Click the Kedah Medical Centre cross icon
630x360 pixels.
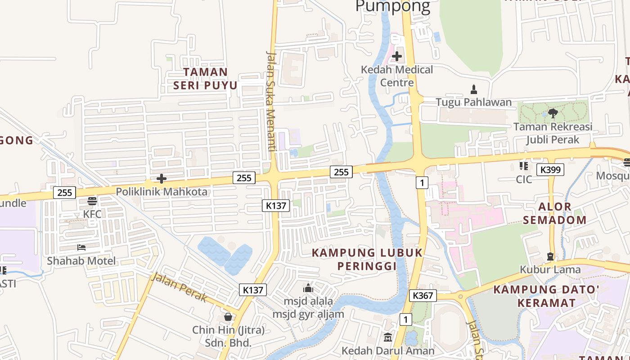397,56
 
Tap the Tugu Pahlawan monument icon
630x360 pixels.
473,89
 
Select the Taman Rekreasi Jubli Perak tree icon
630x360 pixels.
553,113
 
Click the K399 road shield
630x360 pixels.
550,170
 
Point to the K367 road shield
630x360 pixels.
423,296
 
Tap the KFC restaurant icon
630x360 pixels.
92,201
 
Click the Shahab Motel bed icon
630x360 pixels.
81,247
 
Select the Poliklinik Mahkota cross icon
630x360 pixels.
161,179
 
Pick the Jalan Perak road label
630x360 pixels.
179,287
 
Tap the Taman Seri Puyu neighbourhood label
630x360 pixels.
206,79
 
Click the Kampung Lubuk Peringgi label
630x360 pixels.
367,259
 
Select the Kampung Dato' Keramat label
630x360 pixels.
546,296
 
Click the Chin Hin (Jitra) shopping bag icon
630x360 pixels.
228,317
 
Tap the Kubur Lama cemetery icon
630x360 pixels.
550,256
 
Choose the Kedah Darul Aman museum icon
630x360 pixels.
388,337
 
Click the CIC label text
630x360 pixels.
524,180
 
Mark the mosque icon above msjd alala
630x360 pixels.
308,288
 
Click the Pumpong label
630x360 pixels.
392,6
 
